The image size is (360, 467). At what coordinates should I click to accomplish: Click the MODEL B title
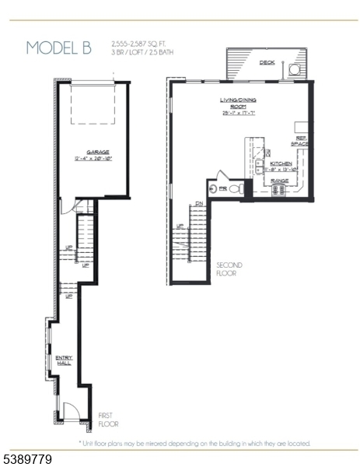(x=58, y=47)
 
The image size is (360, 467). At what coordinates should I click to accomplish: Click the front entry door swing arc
(x=68, y=410)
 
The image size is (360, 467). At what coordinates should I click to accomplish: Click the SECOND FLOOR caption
(x=229, y=269)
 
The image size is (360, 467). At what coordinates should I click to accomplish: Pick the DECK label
(x=267, y=63)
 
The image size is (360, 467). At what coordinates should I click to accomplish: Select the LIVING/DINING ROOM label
(x=238, y=104)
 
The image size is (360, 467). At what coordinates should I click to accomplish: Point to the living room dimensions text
(x=238, y=114)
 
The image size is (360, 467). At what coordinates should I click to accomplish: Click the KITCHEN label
(x=281, y=163)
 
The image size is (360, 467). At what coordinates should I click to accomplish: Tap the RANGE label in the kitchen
(x=280, y=181)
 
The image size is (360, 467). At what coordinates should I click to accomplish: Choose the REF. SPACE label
(x=300, y=141)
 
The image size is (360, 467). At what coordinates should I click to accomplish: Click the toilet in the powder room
(x=237, y=189)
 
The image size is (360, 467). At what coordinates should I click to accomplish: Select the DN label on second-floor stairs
(x=199, y=204)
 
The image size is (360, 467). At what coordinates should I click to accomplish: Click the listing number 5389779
(x=27, y=460)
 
